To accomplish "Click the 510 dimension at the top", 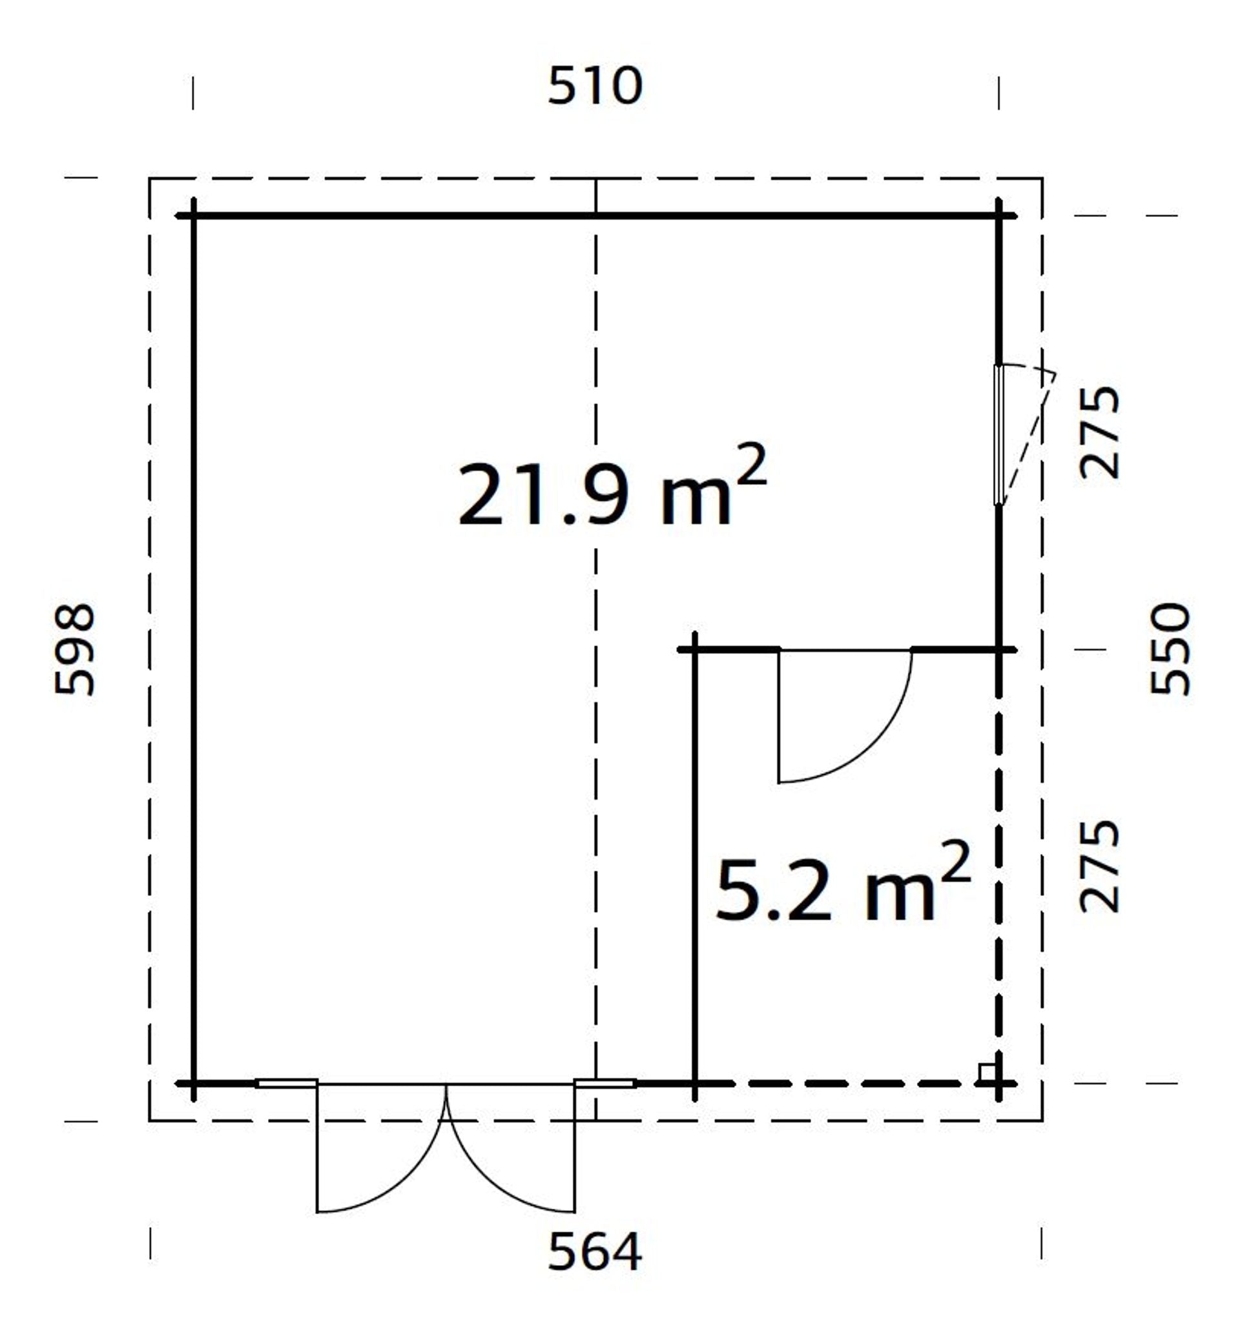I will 595,86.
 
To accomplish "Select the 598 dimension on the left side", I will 74,649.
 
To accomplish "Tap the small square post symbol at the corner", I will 986,1073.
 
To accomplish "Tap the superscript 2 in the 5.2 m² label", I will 958,862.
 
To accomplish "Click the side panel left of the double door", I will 286,1083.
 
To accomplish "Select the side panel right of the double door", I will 604,1083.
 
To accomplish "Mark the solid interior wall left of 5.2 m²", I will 695,862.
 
